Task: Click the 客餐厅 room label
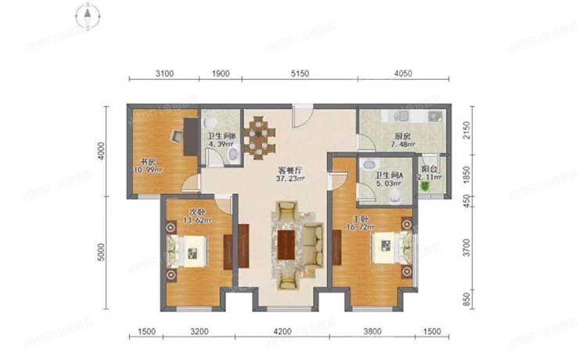click(x=271, y=173)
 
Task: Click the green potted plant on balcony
click(x=426, y=187)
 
